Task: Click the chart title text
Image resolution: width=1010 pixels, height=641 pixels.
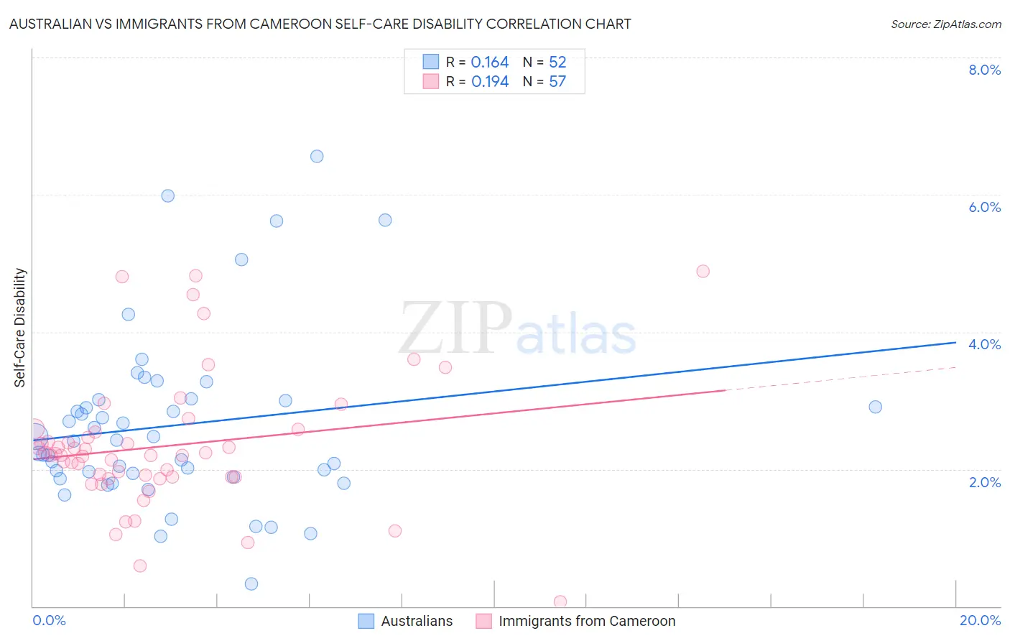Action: coord(320,24)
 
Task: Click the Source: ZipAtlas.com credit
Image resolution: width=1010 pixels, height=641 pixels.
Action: coord(945,24)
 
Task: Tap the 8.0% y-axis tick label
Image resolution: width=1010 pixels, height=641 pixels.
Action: coord(984,70)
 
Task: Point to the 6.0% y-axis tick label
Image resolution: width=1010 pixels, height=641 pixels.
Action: coord(984,207)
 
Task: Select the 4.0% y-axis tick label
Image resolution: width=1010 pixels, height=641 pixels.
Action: coord(984,344)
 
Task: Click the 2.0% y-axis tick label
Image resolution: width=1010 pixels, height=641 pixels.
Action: coord(984,482)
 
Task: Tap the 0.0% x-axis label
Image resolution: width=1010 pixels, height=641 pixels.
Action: coord(49,620)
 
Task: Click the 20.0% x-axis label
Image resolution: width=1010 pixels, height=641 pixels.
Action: coord(980,620)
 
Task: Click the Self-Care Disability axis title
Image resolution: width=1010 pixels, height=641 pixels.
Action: coord(20,328)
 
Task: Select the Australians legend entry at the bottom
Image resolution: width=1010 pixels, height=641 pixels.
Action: coord(407,621)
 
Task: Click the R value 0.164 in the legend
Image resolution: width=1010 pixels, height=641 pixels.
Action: coord(490,63)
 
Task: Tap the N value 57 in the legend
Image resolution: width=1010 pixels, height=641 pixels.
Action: coord(557,82)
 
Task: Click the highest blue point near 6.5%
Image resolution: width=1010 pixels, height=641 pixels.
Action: coord(317,157)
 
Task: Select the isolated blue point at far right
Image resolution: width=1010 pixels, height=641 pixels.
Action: coord(875,407)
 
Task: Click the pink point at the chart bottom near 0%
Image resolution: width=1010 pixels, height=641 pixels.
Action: coord(560,601)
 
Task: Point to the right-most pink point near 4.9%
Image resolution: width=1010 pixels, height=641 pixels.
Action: coord(703,272)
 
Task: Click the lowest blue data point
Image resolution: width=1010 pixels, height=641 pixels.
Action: coord(251,584)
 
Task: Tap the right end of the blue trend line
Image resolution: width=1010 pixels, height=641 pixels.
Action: coord(955,343)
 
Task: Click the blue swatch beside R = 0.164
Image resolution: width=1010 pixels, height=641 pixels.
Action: coord(430,62)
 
